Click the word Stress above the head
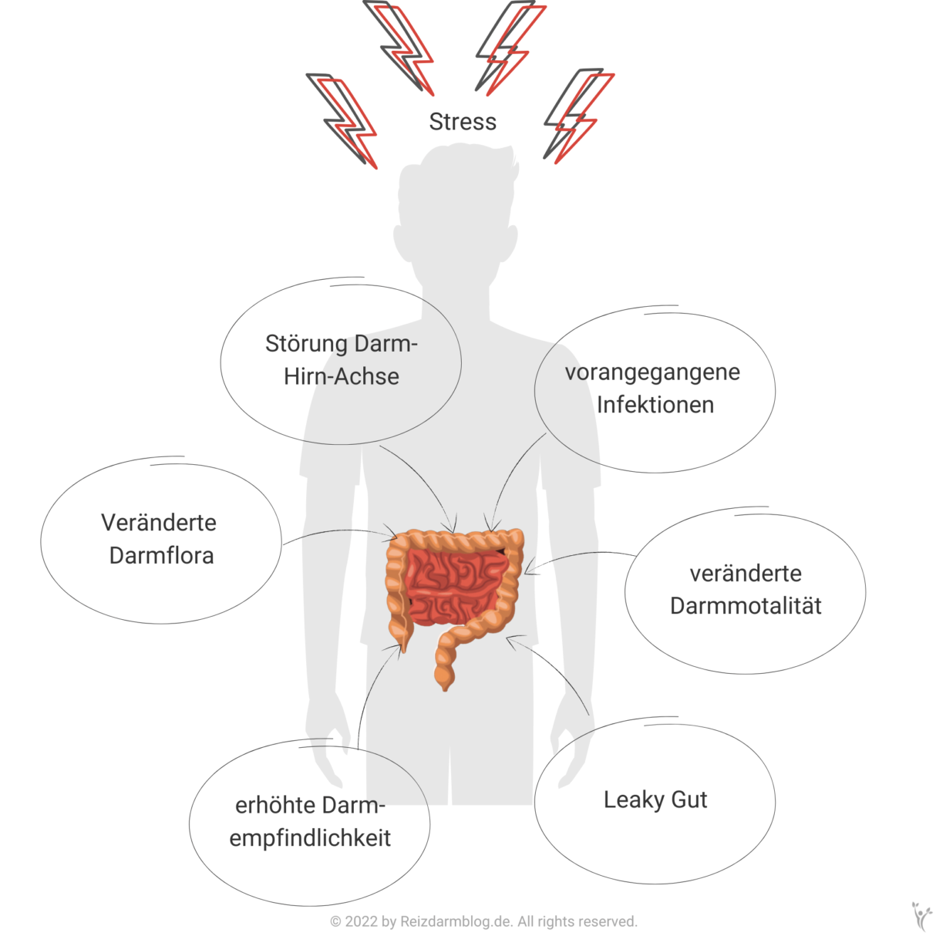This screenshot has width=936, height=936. [463, 122]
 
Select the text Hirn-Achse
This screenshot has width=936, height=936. [342, 376]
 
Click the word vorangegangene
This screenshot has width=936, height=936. [652, 373]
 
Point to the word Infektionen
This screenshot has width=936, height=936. [655, 405]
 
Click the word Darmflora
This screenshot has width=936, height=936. [161, 555]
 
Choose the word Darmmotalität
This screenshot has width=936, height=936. [746, 606]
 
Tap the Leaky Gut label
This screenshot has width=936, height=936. [655, 800]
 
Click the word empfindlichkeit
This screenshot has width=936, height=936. [310, 838]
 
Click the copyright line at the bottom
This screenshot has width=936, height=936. [483, 921]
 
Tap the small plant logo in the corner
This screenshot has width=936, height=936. [921, 915]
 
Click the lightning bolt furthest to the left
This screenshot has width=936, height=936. [342, 120]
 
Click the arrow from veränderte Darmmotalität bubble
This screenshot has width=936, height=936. [578, 555]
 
